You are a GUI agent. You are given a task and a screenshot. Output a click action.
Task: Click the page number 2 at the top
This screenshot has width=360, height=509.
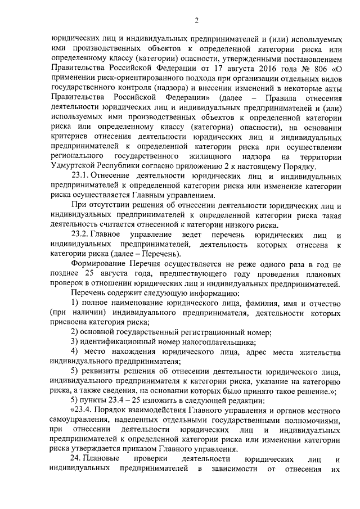click(x=197, y=21)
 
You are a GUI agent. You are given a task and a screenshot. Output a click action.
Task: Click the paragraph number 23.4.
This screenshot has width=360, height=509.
click(x=85, y=409)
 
